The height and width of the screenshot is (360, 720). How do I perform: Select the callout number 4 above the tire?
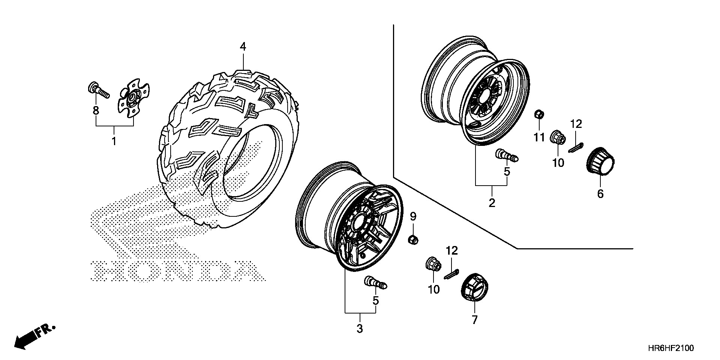point(243,47)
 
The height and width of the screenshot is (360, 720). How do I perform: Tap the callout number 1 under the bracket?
point(114,141)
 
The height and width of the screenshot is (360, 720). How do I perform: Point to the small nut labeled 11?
point(538,113)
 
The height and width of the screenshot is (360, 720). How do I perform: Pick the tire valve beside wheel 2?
point(506,155)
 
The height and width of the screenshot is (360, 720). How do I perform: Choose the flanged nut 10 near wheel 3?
point(433,265)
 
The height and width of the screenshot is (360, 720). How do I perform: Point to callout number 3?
point(360,329)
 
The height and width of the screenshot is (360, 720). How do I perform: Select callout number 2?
point(492,202)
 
